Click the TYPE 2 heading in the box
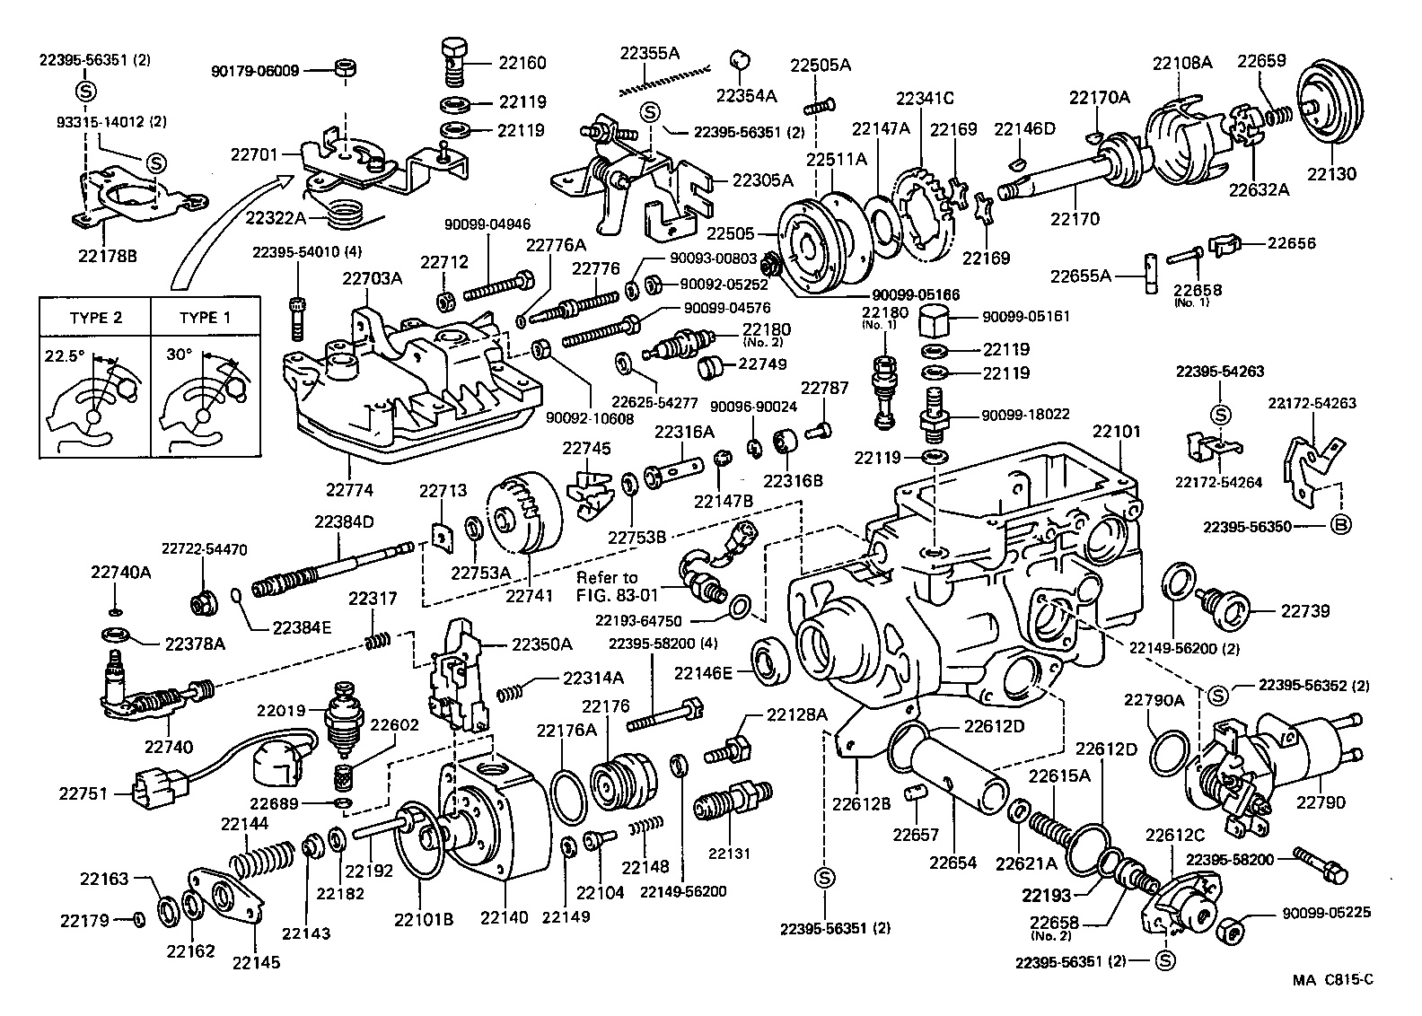pyautogui.click(x=95, y=318)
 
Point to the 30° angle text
pyautogui.click(x=179, y=355)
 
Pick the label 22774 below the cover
pyautogui.click(x=349, y=491)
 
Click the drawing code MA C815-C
pyautogui.click(x=1333, y=979)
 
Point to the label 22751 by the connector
pyautogui.click(x=83, y=793)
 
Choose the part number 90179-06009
pyautogui.click(x=256, y=70)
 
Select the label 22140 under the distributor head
pyautogui.click(x=503, y=918)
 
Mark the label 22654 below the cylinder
pyautogui.click(x=952, y=863)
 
